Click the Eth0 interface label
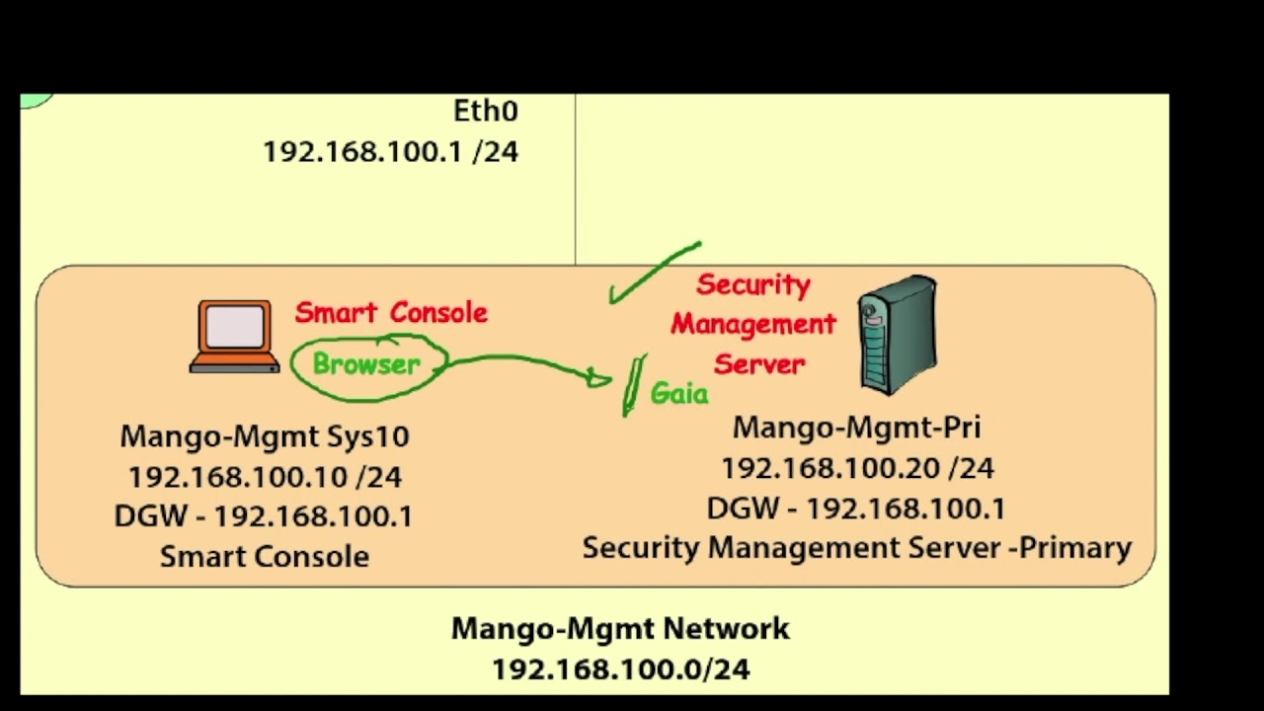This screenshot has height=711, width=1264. pos(485,111)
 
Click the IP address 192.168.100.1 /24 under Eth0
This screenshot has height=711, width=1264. pos(390,152)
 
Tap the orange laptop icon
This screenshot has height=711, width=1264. pos(234,337)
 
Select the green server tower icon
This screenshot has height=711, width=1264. pos(897,335)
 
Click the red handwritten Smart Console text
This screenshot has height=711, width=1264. pos(391,313)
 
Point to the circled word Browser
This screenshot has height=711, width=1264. pos(366,364)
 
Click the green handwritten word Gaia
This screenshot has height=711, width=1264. pos(679,394)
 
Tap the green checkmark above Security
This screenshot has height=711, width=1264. pos(652,272)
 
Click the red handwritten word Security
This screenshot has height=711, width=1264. pos(753,285)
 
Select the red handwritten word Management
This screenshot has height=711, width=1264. pos(753,324)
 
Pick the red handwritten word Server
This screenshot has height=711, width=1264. pos(759,363)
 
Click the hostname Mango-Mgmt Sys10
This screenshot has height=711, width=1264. pos(265,435)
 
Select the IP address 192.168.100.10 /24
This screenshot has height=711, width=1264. pos(265,477)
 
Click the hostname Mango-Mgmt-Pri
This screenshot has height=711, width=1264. pos(856,428)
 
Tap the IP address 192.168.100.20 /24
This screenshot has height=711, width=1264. pos(856,468)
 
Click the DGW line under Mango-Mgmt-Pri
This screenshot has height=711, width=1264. pos(856,509)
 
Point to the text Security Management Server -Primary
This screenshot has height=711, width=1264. pos(856,548)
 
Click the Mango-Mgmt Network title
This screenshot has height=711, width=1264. pos(620,628)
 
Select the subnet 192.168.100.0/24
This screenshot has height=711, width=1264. pos(620,670)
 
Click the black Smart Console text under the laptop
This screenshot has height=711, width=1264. pos(265,557)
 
